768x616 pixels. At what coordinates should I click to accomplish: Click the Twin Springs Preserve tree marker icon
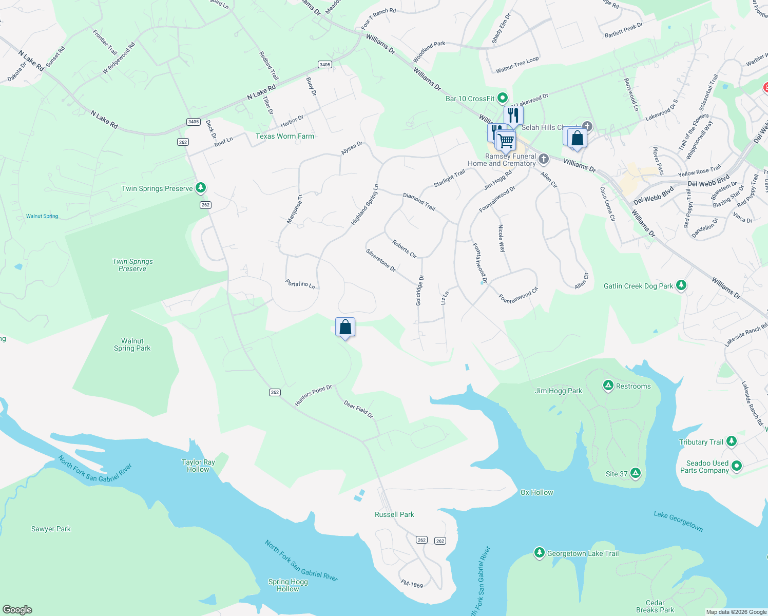coord(201,188)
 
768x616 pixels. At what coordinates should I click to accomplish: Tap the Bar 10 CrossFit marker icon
coord(503,98)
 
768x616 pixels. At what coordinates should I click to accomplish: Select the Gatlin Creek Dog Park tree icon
coord(681,285)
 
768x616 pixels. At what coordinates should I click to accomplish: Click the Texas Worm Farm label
coord(285,136)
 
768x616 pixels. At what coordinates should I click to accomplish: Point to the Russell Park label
coord(394,514)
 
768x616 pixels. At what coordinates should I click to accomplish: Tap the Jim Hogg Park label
coord(559,391)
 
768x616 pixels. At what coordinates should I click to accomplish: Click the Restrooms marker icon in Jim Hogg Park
coord(608,386)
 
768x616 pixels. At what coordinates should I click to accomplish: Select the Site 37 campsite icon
coord(636,473)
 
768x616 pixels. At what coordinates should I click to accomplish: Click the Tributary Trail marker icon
coord(732,441)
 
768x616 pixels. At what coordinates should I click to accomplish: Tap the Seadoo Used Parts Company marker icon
coord(737,466)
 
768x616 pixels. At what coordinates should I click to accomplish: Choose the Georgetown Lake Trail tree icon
coord(539,553)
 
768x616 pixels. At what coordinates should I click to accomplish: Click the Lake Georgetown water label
coord(678,521)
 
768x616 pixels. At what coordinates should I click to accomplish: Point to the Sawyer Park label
coord(51,529)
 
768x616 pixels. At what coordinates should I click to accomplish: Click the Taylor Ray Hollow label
coord(198,466)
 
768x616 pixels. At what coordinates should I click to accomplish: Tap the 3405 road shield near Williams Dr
coord(324,65)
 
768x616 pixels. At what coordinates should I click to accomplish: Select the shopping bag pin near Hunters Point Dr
coord(345,327)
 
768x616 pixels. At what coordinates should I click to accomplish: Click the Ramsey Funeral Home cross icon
coord(544,159)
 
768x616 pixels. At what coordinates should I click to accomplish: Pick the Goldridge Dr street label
coord(419,291)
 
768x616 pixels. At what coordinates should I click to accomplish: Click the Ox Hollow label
coord(536,492)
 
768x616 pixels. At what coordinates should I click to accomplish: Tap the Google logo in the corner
coord(17,609)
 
